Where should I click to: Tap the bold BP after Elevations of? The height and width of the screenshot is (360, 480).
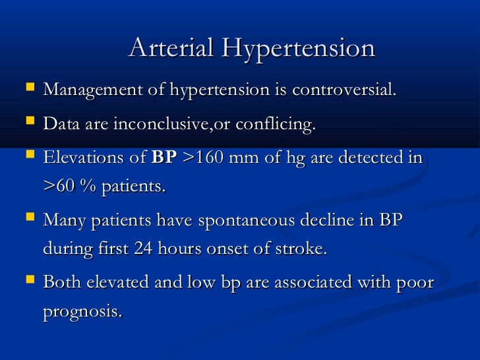click(164, 159)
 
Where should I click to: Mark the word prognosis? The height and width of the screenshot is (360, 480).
click(82, 311)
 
